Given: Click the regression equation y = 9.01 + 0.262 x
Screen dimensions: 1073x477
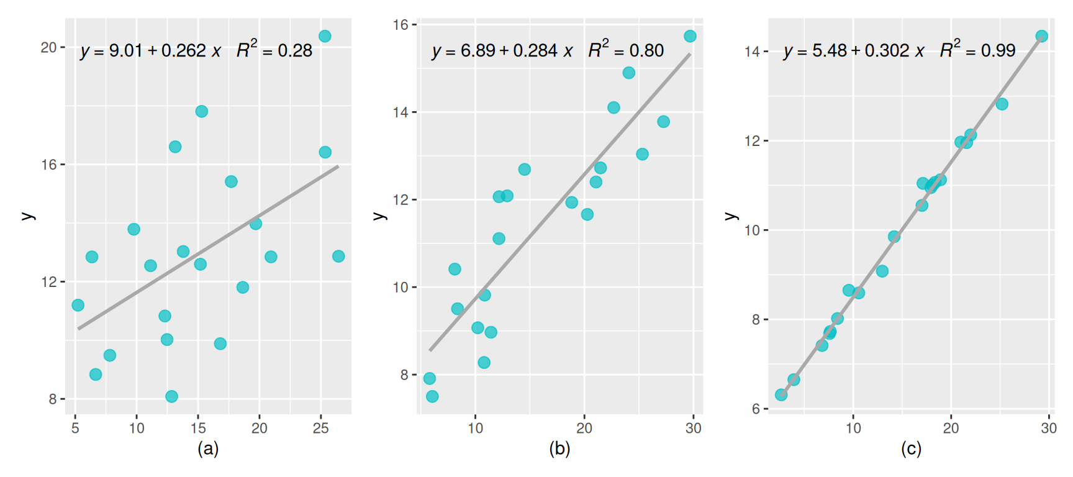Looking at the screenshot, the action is click(151, 50).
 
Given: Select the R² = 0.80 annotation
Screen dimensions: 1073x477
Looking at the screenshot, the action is click(626, 49).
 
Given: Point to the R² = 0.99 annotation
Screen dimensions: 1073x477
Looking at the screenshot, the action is click(978, 49).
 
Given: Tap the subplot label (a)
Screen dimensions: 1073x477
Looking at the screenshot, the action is click(208, 448).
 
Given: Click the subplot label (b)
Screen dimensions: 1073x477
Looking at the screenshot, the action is click(559, 448).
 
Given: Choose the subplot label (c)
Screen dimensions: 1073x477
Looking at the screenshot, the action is click(911, 448).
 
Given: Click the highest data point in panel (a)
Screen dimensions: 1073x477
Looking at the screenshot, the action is click(325, 36).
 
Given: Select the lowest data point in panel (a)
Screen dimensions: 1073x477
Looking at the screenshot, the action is click(172, 396).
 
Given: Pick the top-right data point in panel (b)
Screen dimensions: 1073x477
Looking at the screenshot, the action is click(690, 36).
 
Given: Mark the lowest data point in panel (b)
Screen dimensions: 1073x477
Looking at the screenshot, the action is click(432, 396).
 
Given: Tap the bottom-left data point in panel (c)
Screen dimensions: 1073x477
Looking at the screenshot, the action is click(781, 394).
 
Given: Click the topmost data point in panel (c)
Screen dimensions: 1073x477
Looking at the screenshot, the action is click(1042, 36).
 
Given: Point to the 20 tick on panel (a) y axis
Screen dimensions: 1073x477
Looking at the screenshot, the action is click(48, 48).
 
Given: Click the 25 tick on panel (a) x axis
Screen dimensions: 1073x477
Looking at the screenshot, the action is click(321, 428).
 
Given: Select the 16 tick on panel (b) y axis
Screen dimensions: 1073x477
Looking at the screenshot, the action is click(401, 25).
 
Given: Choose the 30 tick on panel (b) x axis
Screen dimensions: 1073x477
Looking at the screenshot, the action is click(694, 428).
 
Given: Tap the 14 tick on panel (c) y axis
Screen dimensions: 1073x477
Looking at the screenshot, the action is click(752, 52).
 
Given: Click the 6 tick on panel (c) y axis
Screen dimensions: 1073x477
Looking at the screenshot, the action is click(756, 409).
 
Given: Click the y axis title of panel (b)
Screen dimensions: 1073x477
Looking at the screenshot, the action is click(379, 216).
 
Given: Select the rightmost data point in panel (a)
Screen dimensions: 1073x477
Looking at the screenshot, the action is click(338, 256).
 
